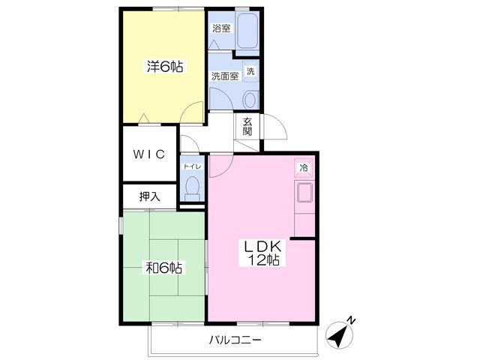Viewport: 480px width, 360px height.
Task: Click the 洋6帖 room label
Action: tap(163, 67)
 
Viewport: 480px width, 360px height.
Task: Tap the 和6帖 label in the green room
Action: tap(164, 268)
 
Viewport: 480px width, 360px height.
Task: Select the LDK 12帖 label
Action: tap(260, 253)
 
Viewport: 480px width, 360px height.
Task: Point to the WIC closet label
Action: tap(149, 154)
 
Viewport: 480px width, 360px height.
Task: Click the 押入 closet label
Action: tap(149, 196)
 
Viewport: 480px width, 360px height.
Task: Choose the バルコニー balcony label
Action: tap(235, 340)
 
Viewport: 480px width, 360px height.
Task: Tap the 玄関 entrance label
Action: tap(247, 127)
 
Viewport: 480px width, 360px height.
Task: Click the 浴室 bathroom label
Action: tap(220, 28)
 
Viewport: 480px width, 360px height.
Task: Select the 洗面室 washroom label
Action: tap(224, 76)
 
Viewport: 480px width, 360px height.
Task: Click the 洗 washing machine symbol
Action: tap(250, 71)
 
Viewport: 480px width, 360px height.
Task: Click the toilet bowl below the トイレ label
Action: tap(192, 186)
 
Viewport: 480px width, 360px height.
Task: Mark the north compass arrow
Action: tap(340, 335)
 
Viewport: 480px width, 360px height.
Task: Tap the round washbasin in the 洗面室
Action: tap(250, 98)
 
